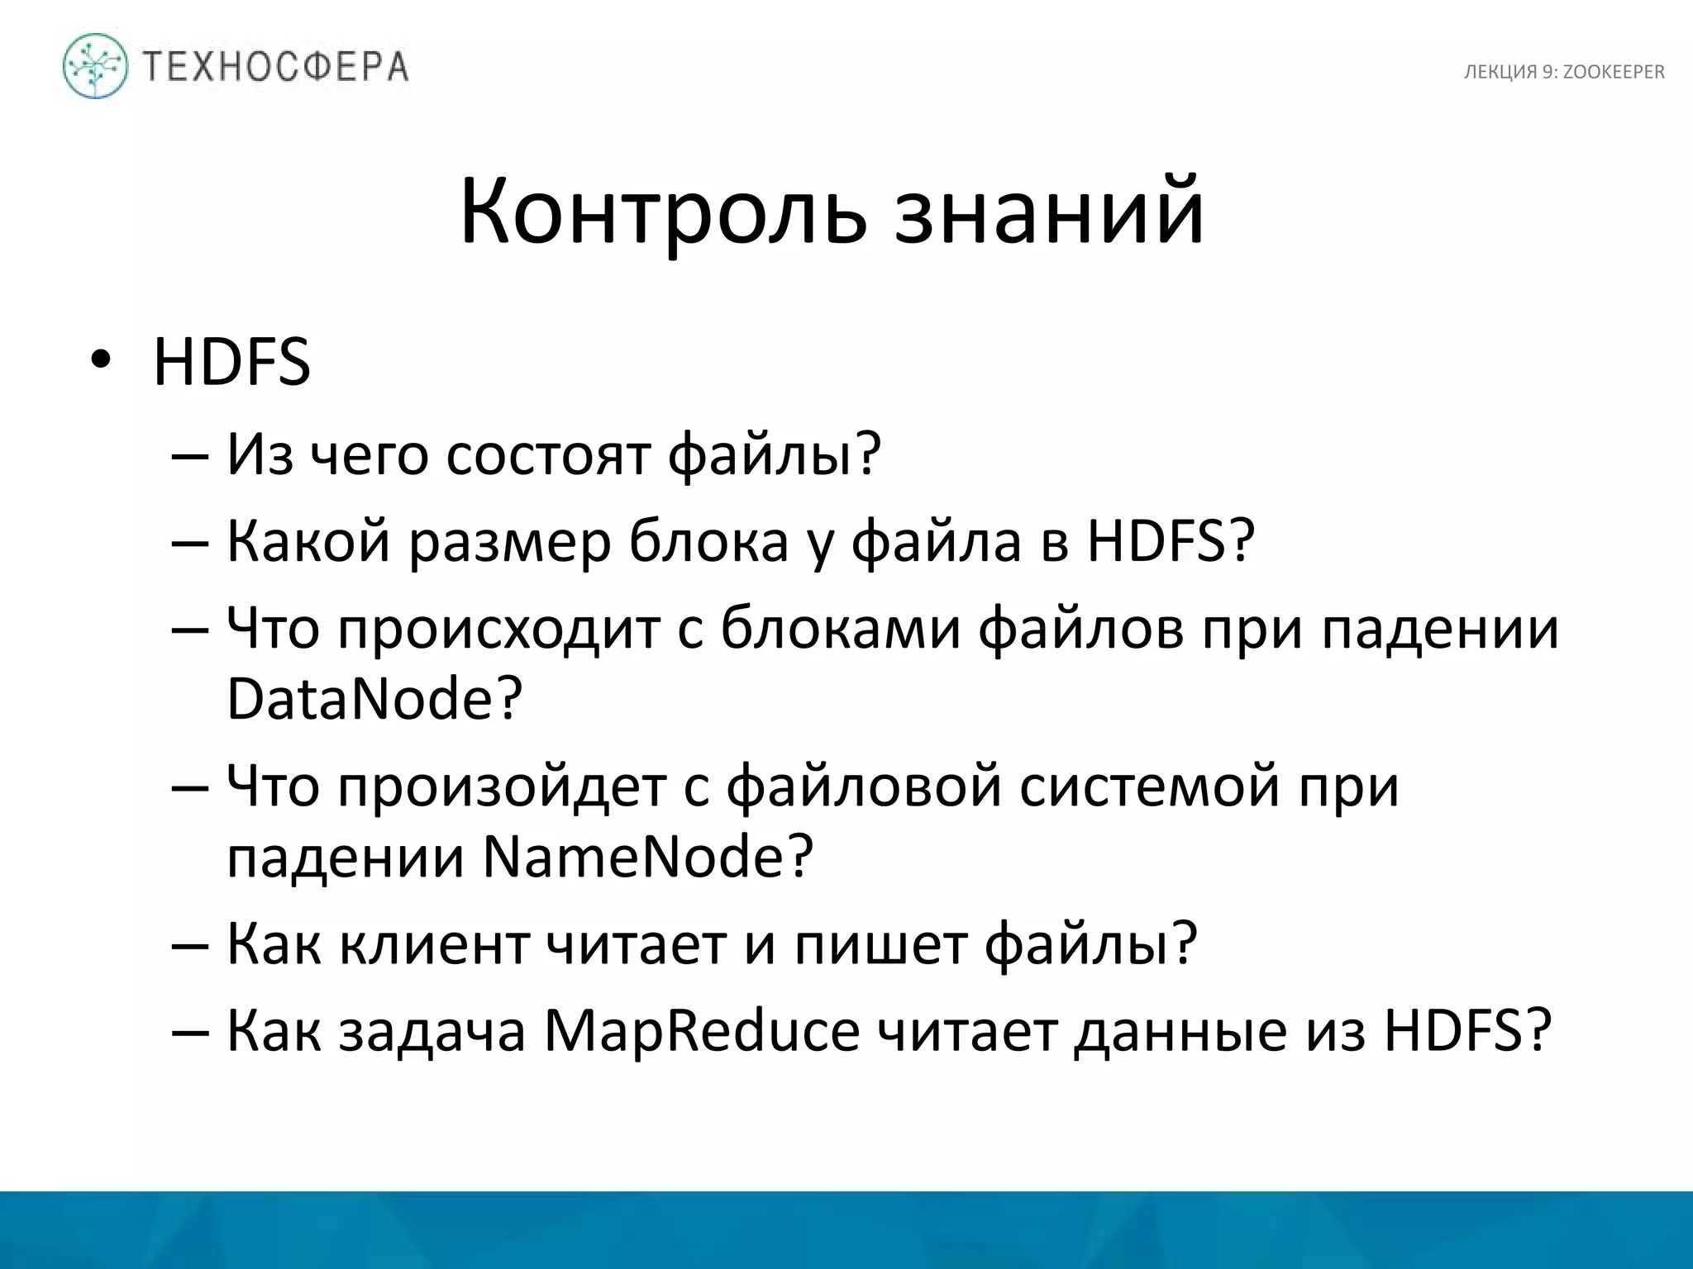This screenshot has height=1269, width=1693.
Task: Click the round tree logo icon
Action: click(96, 66)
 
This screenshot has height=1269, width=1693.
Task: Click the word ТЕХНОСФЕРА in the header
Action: click(275, 67)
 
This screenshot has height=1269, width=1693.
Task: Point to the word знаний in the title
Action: click(1049, 211)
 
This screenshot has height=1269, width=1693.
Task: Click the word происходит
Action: click(498, 629)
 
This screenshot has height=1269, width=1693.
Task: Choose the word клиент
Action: click(434, 943)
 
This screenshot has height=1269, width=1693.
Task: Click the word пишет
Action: click(880, 943)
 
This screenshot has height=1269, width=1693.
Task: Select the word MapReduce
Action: click(701, 1030)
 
